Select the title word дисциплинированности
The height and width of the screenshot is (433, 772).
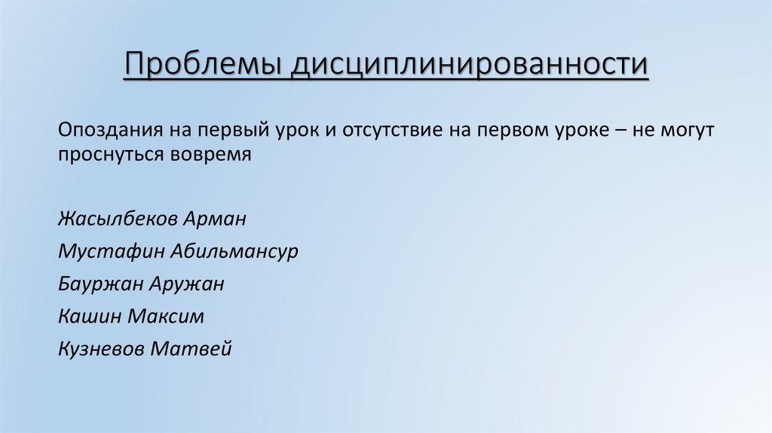click(x=471, y=65)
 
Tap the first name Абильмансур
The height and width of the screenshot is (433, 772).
click(x=235, y=252)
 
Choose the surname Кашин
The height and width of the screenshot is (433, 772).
click(x=89, y=316)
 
